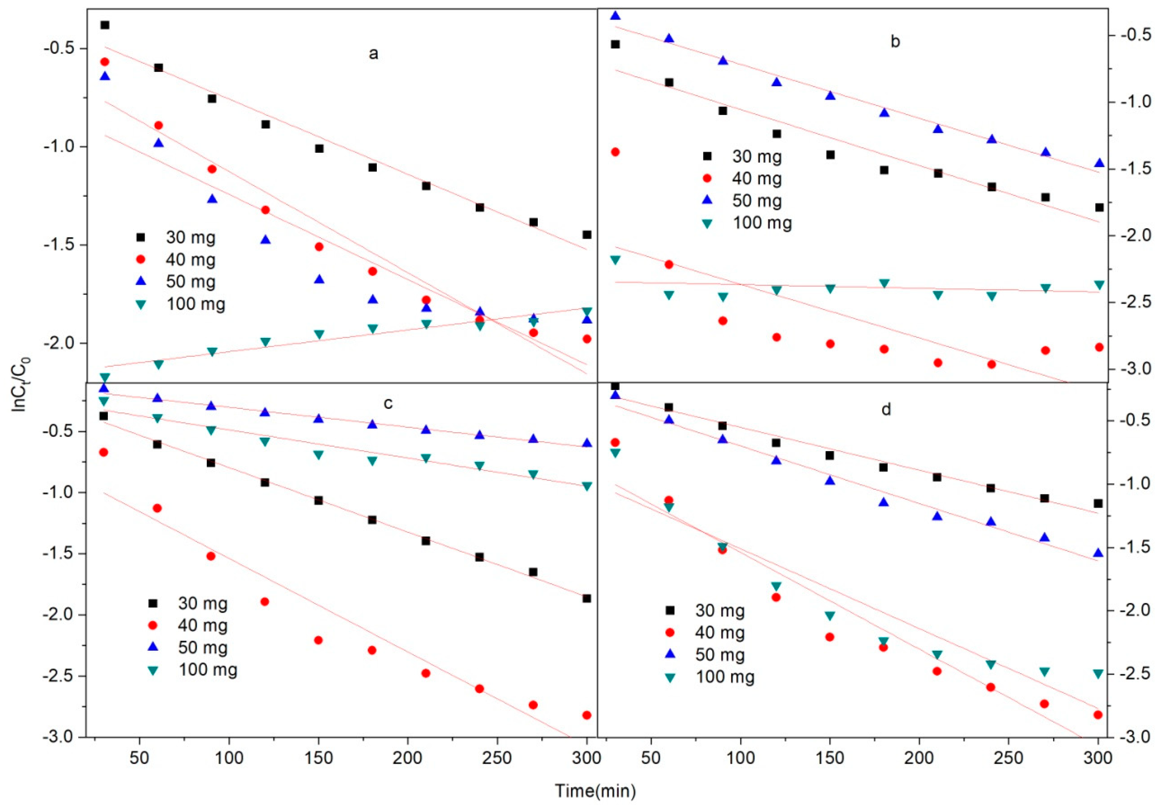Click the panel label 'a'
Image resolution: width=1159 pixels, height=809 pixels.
(373, 53)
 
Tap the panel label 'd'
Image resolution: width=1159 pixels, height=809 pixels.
(886, 409)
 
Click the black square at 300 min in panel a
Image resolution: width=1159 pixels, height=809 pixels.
(587, 235)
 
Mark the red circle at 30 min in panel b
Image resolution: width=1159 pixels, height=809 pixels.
(615, 152)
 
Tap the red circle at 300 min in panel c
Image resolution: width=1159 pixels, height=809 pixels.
(587, 715)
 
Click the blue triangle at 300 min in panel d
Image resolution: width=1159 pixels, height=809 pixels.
(1098, 553)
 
